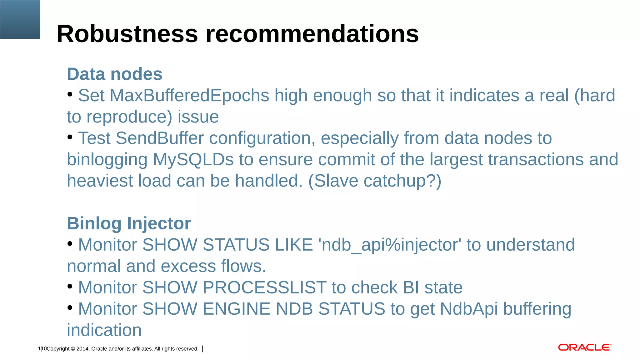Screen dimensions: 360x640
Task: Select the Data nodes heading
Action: [115, 74]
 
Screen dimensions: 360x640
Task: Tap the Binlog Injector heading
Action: [129, 223]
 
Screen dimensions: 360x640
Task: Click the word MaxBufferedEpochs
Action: [189, 95]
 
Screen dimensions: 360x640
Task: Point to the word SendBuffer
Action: [160, 138]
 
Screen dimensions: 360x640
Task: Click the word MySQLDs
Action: [193, 159]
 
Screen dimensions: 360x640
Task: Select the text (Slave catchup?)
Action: [375, 181]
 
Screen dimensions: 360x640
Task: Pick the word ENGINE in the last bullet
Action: [237, 309]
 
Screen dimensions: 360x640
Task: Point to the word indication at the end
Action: [104, 330]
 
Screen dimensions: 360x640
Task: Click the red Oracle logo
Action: [584, 347]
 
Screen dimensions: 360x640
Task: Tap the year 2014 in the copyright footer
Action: [82, 349]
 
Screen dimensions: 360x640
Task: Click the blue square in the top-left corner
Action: [20, 19]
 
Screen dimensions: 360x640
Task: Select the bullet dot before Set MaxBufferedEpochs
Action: [70, 94]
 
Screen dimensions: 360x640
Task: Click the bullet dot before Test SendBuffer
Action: [70, 137]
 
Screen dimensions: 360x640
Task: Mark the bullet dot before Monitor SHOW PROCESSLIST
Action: [70, 286]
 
